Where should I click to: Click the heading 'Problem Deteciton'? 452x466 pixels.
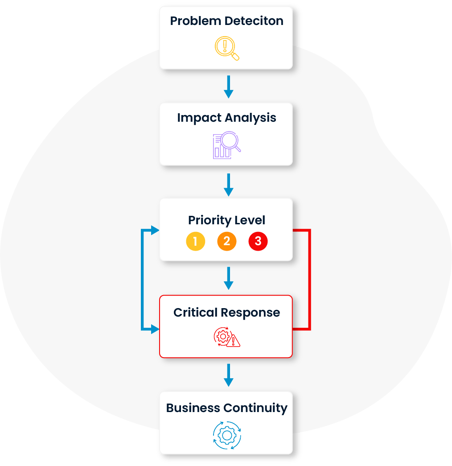[x=226, y=21]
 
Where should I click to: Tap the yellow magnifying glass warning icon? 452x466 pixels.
[x=226, y=48]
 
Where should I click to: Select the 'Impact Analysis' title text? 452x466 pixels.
[x=226, y=118]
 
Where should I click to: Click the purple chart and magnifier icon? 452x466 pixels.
[x=226, y=145]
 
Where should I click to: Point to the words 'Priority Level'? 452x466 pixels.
[x=226, y=220]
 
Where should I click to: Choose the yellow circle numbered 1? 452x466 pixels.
[x=195, y=242]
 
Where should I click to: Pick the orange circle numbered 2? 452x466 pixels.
[x=226, y=242]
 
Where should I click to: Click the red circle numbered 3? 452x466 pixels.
[x=258, y=242]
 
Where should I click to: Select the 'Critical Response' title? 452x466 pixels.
[x=226, y=313]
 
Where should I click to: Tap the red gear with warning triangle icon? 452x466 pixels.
[x=226, y=338]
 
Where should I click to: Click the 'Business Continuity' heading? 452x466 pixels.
[x=226, y=408]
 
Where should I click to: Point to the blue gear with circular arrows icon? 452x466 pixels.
[x=226, y=435]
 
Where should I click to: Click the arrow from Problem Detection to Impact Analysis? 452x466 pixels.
[x=228, y=87]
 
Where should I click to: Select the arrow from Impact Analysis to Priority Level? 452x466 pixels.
[x=228, y=185]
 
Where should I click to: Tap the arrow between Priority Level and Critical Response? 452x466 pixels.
[x=228, y=278]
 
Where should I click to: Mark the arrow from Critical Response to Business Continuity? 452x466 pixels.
[x=228, y=375]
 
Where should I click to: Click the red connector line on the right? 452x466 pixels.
[x=309, y=280]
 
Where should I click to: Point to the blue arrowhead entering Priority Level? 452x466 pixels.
[x=155, y=231]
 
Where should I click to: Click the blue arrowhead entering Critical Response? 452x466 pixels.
[x=155, y=330]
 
